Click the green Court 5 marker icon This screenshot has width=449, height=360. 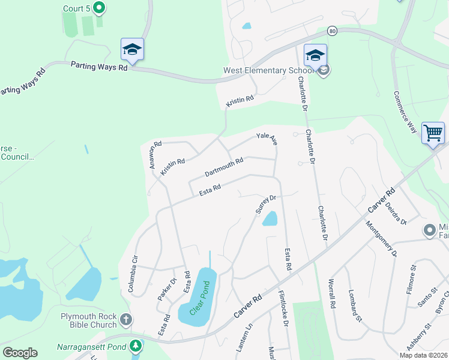(x=99, y=8)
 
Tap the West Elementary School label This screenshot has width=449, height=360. (x=264, y=70)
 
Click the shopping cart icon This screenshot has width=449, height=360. (x=433, y=132)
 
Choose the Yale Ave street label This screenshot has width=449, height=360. (x=267, y=139)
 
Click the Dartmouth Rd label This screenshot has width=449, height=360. (x=224, y=167)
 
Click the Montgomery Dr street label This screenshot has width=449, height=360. (x=381, y=238)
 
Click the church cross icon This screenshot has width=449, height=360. (x=125, y=320)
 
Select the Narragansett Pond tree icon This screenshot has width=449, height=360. (x=136, y=346)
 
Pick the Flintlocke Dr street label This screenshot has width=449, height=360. (x=284, y=308)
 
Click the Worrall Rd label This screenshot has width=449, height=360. (x=331, y=293)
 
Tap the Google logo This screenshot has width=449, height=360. (x=20, y=353)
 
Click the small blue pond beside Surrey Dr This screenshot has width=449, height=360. (x=270, y=218)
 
